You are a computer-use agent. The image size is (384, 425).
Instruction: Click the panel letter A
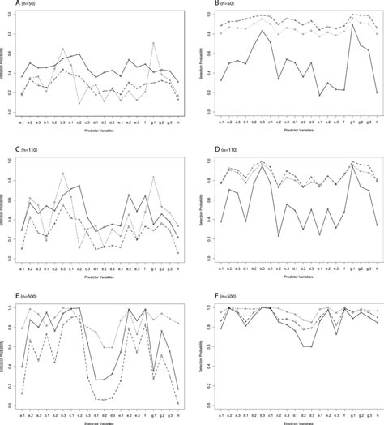[4, 4]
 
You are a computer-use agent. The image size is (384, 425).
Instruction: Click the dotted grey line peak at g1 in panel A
[154, 43]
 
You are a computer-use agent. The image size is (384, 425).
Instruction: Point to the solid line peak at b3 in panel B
[262, 31]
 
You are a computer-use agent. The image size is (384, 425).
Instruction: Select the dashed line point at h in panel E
[178, 403]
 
